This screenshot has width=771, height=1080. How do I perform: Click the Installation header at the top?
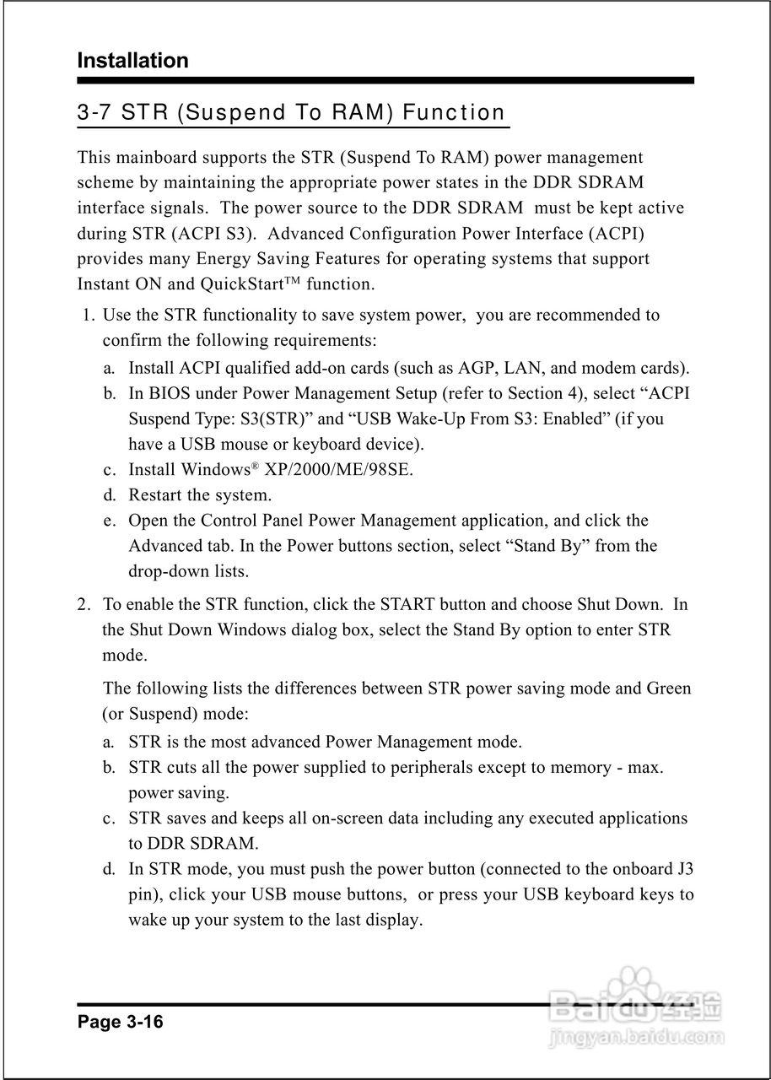132,61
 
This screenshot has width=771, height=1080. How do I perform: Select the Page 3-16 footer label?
120,1023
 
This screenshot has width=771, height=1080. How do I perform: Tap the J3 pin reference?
685,868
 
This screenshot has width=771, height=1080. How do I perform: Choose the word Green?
668,688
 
